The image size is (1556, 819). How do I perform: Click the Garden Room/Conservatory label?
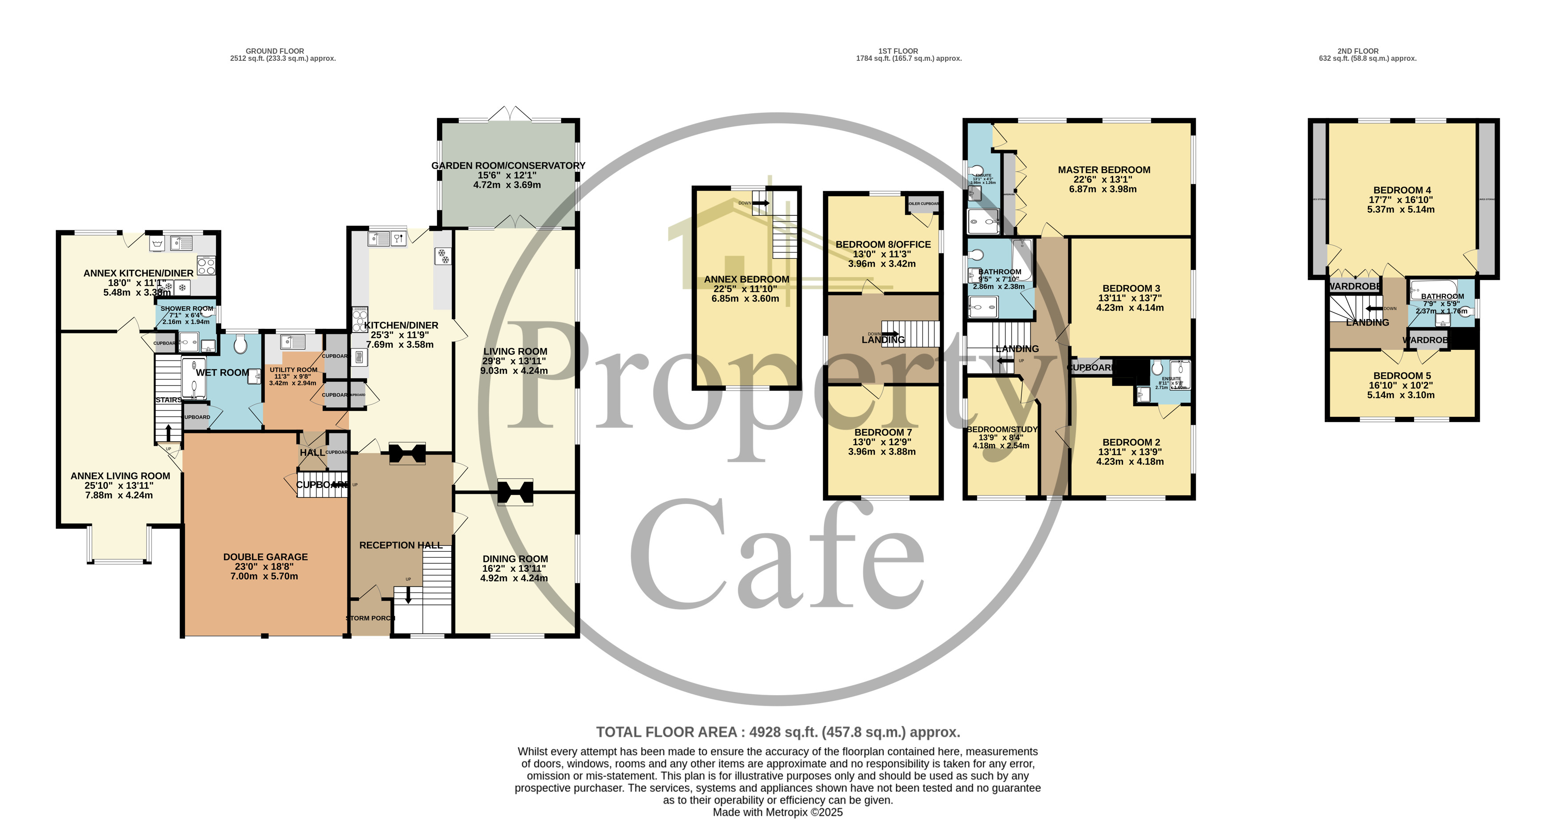pyautogui.click(x=508, y=166)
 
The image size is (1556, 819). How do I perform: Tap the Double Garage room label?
pyautogui.click(x=265, y=557)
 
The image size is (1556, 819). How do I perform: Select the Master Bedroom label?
pyautogui.click(x=1103, y=170)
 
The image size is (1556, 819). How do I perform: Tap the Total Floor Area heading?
pyautogui.click(x=777, y=732)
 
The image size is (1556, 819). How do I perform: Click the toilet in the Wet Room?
pyautogui.click(x=240, y=345)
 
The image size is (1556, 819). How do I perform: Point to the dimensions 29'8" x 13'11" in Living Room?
pyautogui.click(x=514, y=361)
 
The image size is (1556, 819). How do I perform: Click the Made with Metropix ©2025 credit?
pyautogui.click(x=777, y=812)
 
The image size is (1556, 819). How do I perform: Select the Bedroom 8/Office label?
pyautogui.click(x=882, y=244)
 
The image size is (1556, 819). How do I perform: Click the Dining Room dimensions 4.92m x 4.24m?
pyautogui.click(x=514, y=578)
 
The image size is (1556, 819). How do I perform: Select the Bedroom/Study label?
pyautogui.click(x=1002, y=429)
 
